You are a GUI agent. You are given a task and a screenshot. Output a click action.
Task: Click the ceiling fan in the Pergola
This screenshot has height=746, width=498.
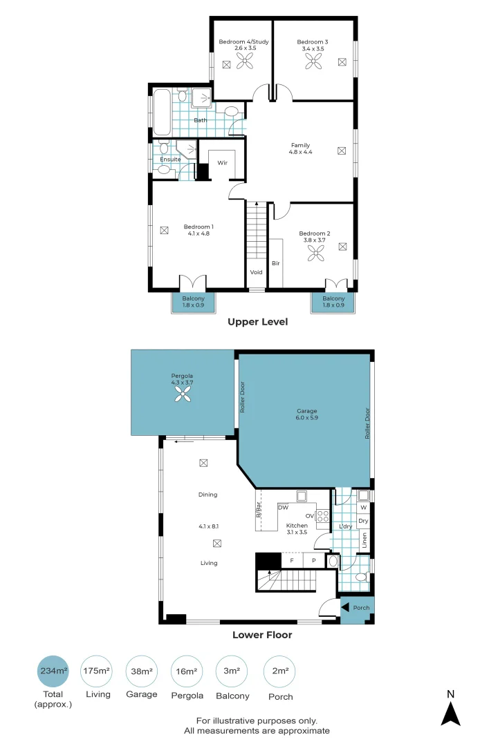point(183,394)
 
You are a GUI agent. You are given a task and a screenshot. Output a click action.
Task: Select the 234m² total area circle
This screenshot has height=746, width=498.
point(53,671)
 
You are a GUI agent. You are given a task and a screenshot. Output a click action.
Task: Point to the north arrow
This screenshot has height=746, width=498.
point(451,712)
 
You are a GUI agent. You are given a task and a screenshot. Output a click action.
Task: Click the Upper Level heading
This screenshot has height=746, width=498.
point(258,322)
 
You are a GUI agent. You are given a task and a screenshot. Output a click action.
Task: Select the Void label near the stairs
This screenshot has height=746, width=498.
point(257,272)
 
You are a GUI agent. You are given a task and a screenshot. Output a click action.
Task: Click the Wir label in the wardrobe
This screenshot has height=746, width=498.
point(222,163)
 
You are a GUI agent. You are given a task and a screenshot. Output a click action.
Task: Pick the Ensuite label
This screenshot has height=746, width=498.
point(170,160)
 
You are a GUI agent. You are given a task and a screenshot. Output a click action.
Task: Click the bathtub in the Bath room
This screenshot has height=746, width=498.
point(163,112)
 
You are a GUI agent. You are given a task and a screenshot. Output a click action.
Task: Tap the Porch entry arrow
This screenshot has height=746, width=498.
point(345,608)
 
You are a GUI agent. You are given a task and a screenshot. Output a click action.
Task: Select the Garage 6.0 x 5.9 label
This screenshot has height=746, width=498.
point(304,414)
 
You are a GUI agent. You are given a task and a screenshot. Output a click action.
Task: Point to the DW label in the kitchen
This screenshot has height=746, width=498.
point(282,508)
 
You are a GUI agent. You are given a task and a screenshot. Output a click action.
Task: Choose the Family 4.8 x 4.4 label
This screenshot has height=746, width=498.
point(301,149)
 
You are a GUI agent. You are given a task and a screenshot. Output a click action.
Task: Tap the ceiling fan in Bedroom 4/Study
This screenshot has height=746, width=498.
point(246,63)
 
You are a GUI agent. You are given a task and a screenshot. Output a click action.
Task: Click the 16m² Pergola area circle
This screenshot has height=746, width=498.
point(187,671)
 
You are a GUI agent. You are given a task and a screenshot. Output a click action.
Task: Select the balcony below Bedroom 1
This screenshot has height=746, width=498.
point(193,302)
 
